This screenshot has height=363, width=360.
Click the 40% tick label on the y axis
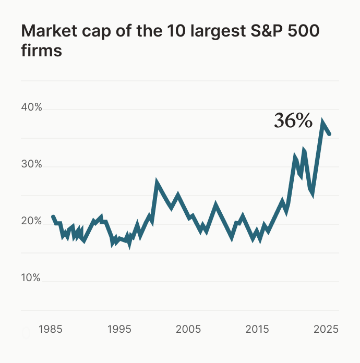point(31,108)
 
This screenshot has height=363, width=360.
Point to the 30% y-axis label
point(31,164)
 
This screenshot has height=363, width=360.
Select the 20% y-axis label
point(31,221)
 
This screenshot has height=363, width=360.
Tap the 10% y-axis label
point(31,277)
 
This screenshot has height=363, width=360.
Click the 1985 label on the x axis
point(51,329)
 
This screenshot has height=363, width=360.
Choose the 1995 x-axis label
point(119,329)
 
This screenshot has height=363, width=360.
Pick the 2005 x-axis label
point(188,329)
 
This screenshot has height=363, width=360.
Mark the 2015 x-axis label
point(257,329)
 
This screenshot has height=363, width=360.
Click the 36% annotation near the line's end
point(293,121)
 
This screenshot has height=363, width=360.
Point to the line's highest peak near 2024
point(323,123)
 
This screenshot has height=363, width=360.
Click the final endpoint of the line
point(329,134)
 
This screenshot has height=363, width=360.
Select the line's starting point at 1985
point(53,216)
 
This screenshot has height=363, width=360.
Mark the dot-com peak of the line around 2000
point(157,183)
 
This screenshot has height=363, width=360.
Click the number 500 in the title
point(303,32)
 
